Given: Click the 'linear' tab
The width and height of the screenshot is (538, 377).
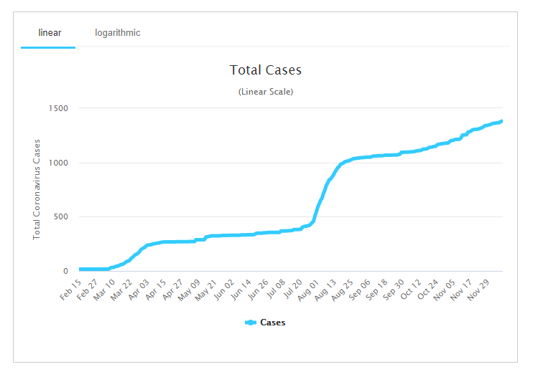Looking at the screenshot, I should tap(50, 33).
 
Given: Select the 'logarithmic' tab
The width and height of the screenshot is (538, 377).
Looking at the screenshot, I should tap(118, 33).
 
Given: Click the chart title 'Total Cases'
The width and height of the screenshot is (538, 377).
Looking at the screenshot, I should tap(266, 70).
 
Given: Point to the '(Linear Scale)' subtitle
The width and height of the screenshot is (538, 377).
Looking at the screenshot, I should tap(266, 92).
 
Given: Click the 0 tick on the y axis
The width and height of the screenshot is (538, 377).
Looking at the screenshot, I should tap(65, 272).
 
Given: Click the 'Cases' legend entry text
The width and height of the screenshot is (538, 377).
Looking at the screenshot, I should tap(272, 323).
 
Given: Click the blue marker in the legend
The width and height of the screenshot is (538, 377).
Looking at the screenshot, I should tap(251, 323).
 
